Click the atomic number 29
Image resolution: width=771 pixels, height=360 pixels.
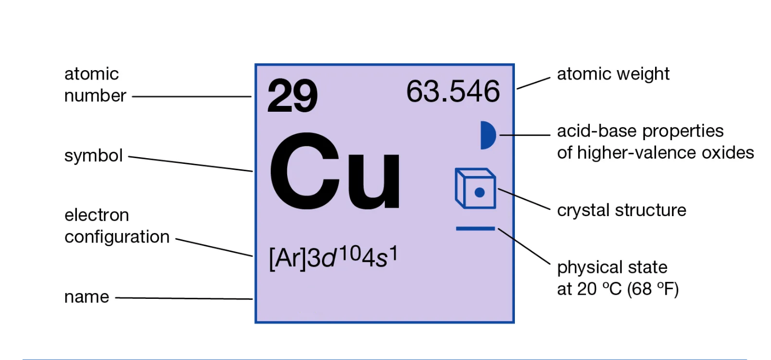click(292, 97)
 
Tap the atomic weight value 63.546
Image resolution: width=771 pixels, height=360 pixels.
click(453, 92)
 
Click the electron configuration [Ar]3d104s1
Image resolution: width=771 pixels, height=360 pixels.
click(333, 259)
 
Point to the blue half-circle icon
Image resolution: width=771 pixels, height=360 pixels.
click(487, 135)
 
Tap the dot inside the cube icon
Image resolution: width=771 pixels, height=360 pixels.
click(479, 193)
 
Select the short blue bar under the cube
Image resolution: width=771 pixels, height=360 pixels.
click(475, 228)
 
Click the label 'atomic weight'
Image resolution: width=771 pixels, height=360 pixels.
click(613, 74)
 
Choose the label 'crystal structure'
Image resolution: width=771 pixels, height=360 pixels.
click(621, 210)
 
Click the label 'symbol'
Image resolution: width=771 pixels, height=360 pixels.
click(93, 156)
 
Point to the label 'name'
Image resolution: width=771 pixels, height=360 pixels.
click(86, 297)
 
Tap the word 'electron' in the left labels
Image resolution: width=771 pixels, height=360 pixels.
click(96, 215)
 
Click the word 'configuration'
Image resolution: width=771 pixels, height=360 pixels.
click(117, 237)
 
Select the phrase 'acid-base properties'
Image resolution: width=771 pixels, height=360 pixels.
click(640, 131)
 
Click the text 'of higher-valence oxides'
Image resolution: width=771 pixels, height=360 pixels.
click(655, 153)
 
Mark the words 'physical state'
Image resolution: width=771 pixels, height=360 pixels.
click(612, 267)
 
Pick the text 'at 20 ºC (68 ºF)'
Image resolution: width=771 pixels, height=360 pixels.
click(618, 289)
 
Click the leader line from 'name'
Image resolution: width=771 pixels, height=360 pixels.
click(184, 298)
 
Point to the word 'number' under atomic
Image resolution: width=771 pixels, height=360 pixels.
click(95, 96)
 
